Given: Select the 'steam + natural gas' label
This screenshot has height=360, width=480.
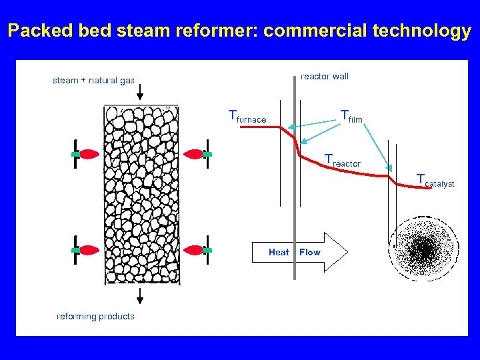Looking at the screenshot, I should pos(93,81).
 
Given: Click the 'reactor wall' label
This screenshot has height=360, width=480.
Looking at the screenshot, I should pos(325,76).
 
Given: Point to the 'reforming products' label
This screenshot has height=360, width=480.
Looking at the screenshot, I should pos(95,316).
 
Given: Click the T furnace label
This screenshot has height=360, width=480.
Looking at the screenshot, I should pos(247,117).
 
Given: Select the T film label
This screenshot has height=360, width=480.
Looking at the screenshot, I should pos(351,117).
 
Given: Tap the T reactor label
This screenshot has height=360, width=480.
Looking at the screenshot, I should pos(342,161).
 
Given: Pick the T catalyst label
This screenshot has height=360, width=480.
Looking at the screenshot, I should pos(435,181).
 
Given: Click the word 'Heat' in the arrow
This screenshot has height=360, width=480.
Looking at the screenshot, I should pos(279,252).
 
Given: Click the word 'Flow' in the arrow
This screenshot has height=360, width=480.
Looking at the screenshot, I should pos(310,252).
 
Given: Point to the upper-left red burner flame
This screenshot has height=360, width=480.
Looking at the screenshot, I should pos(89,155).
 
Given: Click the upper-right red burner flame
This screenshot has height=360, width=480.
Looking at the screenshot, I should pos(193,155).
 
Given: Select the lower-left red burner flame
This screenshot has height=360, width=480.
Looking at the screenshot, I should pos(89,250).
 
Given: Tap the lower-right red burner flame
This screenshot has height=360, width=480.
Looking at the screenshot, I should pos(193,250).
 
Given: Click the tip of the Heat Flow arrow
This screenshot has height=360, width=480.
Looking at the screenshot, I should pos(346,252).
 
